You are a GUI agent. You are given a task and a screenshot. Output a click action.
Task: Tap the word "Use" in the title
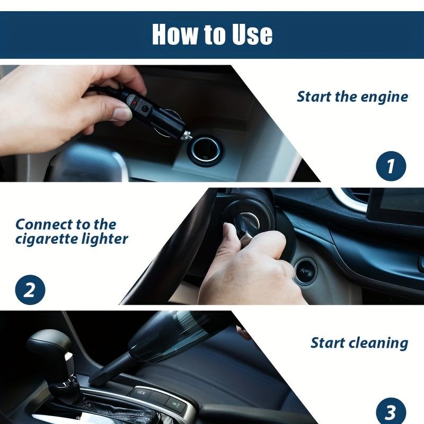pos(252,34)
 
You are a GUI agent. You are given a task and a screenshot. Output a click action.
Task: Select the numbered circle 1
pos(391,166)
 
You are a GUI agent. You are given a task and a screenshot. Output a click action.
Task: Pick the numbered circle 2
pos(30,289)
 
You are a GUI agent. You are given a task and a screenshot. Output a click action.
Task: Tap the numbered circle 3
pos(391,411)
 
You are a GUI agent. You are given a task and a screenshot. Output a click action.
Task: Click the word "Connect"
pos(43,224)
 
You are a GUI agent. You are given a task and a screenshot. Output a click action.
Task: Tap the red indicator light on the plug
pos(135,103)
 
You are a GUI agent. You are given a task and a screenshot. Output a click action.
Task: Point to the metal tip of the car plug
pos(187,135)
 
